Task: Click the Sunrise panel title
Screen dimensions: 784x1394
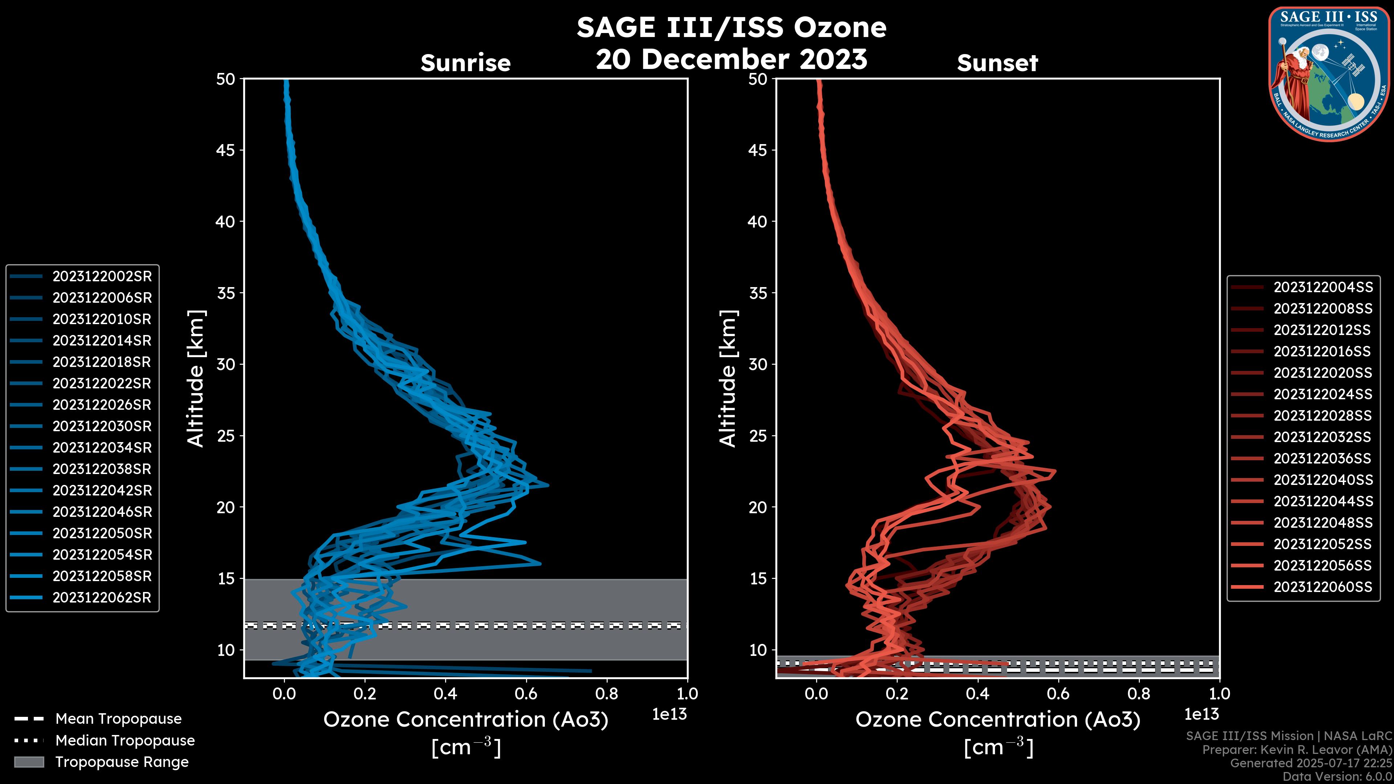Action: [465, 63]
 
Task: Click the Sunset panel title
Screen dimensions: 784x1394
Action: [997, 63]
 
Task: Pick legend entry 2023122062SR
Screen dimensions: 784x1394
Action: [102, 598]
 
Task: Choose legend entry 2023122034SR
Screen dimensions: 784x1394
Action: [102, 448]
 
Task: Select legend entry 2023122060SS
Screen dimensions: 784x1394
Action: [1322, 587]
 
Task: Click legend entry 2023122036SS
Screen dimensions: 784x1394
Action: [1322, 459]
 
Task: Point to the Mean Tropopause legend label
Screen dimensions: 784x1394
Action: [118, 719]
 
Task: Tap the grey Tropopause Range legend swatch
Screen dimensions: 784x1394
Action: [29, 762]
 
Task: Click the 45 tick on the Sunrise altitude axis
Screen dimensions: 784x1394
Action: [226, 150]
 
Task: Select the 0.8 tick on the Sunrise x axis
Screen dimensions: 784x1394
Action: [607, 694]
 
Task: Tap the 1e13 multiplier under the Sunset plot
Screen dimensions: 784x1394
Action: [1201, 715]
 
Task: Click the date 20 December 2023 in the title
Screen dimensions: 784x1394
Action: [731, 59]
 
